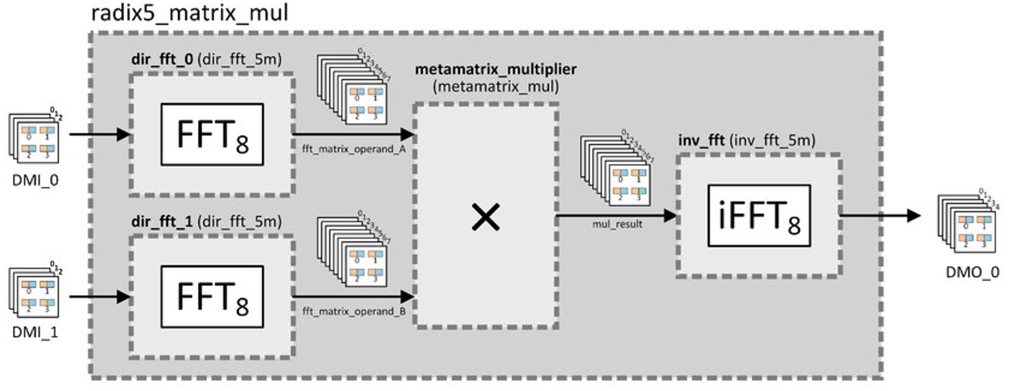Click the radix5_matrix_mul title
coord(189,12)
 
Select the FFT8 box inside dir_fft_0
coord(212,134)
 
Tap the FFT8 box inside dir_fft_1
coord(212,297)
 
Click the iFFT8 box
coord(758,216)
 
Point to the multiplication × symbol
coord(485,216)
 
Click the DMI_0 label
coord(35,180)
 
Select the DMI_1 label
coord(35,332)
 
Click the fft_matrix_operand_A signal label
coord(354,149)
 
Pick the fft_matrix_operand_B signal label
coord(354,311)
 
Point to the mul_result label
coord(617,225)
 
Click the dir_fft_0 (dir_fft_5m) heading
coord(206,60)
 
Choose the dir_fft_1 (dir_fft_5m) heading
coord(206,222)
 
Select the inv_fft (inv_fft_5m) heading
coord(746,140)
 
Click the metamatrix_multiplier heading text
coord(495,69)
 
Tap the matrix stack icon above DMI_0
coord(34,137)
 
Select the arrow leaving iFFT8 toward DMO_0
coord(880,216)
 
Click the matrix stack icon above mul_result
coord(616,172)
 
